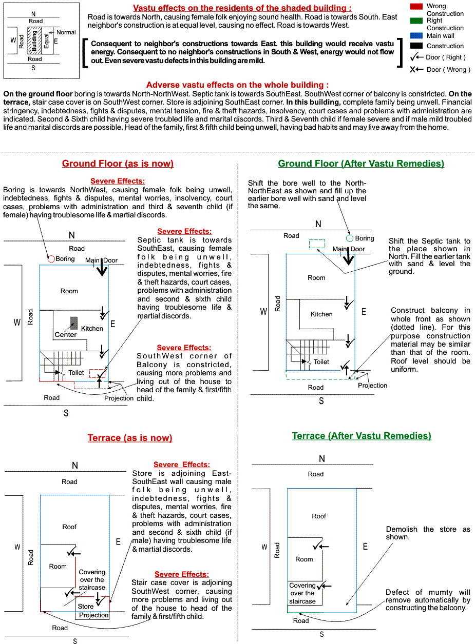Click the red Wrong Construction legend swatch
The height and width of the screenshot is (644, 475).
click(416, 6)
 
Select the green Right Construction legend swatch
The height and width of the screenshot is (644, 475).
click(416, 21)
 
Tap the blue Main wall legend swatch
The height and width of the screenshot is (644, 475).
click(416, 35)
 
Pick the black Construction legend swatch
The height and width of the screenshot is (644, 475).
click(416, 46)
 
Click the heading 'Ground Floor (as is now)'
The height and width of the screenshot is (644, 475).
click(118, 164)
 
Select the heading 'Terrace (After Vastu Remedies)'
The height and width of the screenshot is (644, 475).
click(362, 436)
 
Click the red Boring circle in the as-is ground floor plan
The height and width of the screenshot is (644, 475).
click(51, 259)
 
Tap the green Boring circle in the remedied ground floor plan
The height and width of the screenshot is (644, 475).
click(350, 238)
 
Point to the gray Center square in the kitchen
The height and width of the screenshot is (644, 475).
click(74, 323)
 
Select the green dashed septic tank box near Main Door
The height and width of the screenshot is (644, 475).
click(317, 244)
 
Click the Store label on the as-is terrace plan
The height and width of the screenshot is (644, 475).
click(86, 606)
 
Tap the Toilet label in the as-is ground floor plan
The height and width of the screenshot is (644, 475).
click(76, 373)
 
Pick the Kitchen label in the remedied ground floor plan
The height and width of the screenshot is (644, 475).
click(321, 314)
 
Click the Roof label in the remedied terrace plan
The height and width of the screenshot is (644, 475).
click(319, 516)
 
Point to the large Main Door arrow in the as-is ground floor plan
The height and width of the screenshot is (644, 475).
click(102, 267)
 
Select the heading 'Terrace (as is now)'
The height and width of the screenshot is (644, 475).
click(130, 438)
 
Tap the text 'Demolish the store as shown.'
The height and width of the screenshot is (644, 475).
click(428, 533)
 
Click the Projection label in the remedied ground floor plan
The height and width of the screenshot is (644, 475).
click(372, 385)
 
